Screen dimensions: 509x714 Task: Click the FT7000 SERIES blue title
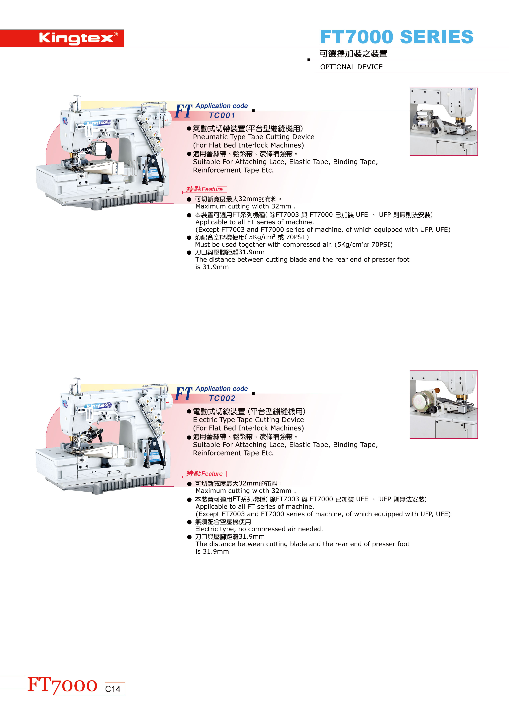pos(396,37)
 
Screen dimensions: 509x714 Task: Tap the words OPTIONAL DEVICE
pos(351,67)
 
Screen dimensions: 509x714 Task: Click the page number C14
pos(113,689)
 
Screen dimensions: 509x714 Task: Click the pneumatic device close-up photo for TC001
pos(444,121)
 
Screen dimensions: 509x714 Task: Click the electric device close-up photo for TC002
pos(444,404)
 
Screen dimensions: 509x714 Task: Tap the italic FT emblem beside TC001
pos(184,112)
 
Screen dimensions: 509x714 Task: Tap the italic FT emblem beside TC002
pos(184,394)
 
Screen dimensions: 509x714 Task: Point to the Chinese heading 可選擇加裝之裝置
pos(354,54)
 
